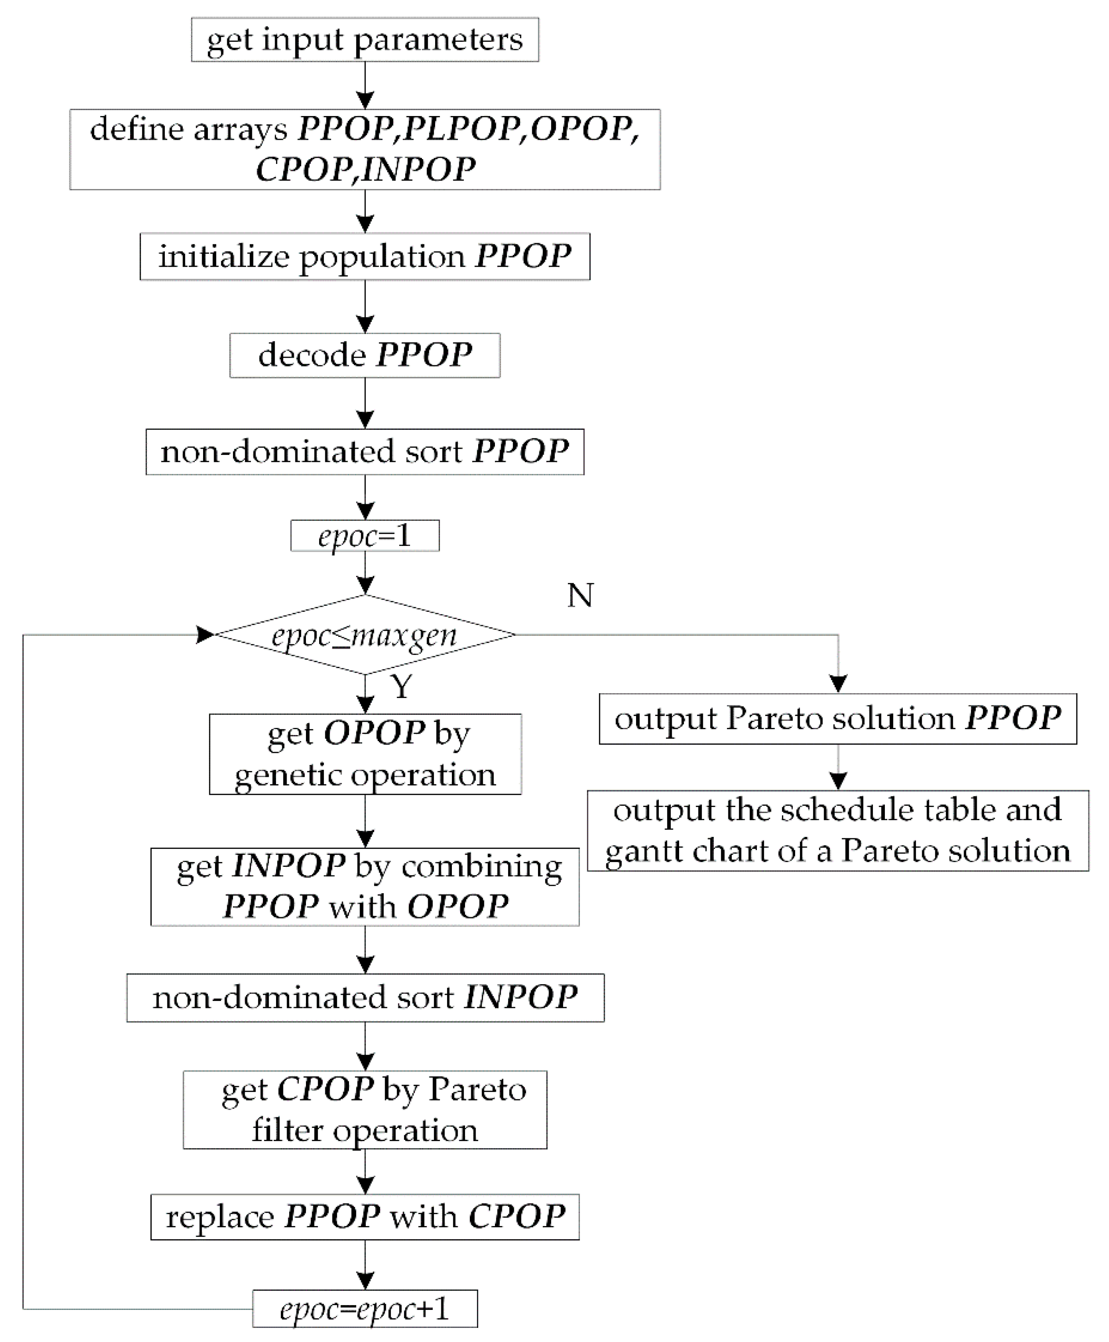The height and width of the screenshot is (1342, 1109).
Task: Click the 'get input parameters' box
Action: (365, 40)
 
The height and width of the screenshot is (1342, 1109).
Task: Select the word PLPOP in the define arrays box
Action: (460, 129)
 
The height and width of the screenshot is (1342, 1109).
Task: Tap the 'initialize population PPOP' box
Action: (365, 256)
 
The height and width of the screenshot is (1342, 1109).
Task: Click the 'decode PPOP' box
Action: (365, 355)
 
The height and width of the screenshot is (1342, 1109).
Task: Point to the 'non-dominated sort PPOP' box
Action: (365, 451)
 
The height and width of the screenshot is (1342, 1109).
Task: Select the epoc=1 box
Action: (365, 535)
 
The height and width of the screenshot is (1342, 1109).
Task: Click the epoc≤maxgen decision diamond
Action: (365, 635)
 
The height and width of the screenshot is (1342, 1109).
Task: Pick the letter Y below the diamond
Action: (402, 687)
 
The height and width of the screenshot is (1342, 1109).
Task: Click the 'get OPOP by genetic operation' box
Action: (365, 754)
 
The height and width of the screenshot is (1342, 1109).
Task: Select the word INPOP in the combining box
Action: (289, 866)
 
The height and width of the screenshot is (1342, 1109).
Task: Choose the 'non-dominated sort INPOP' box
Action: (365, 997)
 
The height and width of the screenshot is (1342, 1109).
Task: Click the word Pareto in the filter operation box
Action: (476, 1089)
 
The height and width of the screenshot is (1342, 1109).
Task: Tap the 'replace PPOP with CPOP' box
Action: (365, 1216)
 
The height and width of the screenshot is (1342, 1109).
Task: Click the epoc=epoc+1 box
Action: (365, 1309)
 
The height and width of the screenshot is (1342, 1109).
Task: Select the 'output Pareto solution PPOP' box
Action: (837, 719)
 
